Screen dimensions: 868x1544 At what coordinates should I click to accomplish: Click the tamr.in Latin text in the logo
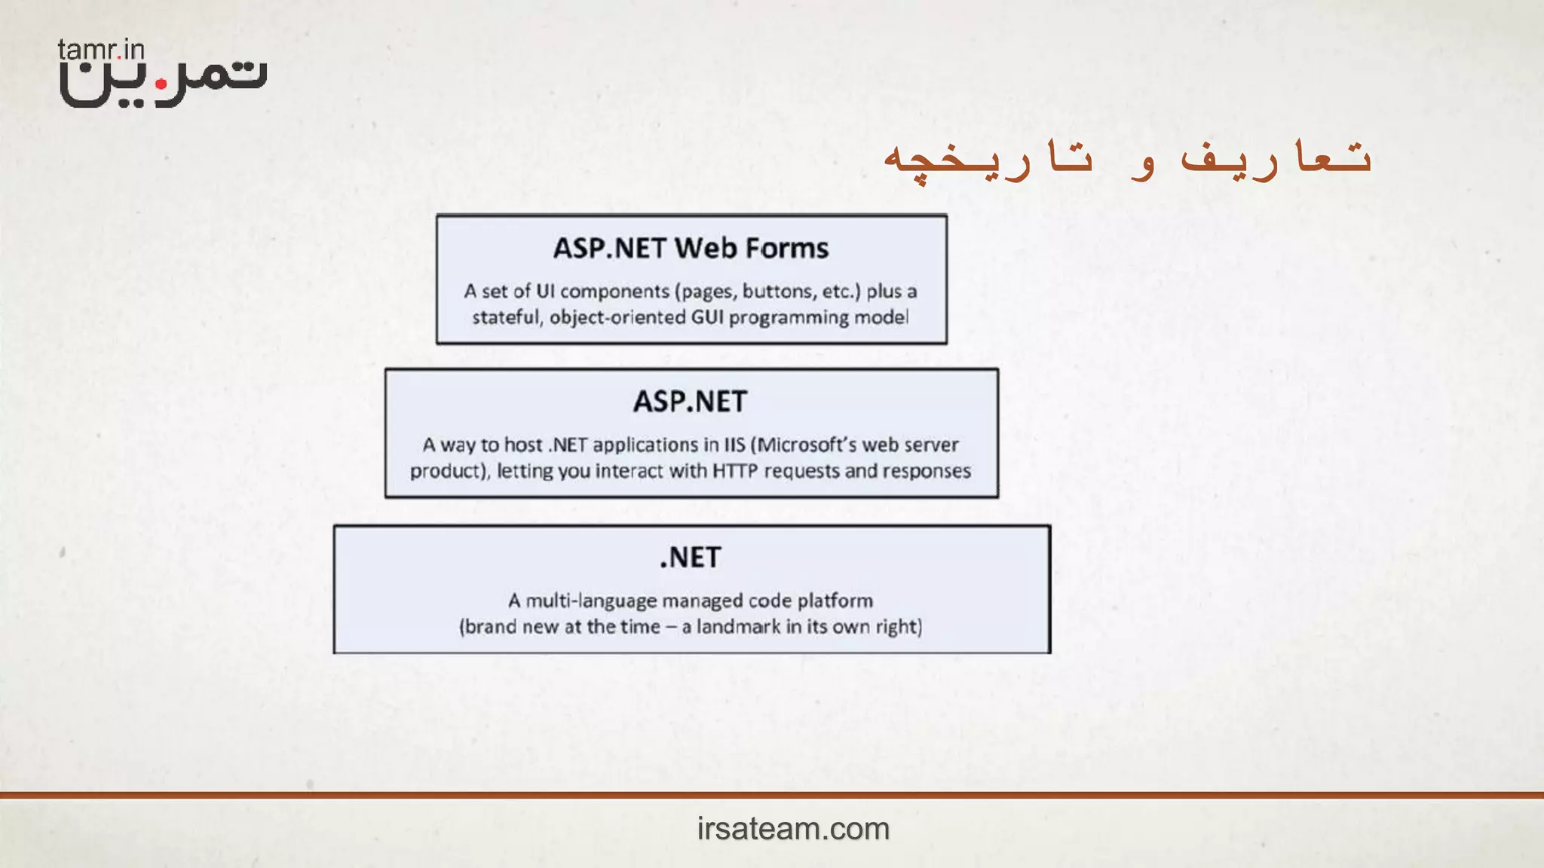tap(101, 50)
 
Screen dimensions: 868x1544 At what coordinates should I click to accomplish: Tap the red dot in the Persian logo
tap(161, 85)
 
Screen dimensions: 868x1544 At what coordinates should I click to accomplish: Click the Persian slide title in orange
tap(1127, 159)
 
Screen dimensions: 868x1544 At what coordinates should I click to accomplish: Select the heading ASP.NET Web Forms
tap(691, 249)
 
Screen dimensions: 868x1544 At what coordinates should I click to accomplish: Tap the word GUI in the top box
tap(706, 317)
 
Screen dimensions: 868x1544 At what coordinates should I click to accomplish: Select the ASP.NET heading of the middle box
tap(690, 402)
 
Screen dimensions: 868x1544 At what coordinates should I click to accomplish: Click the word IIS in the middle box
tap(734, 445)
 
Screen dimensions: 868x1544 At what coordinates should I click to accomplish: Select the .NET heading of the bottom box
tap(691, 558)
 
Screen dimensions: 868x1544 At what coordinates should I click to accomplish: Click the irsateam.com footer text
tap(793, 829)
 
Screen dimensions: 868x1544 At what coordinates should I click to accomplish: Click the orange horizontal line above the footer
tap(772, 795)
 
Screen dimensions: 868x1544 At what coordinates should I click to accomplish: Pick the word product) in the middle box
tap(449, 472)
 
